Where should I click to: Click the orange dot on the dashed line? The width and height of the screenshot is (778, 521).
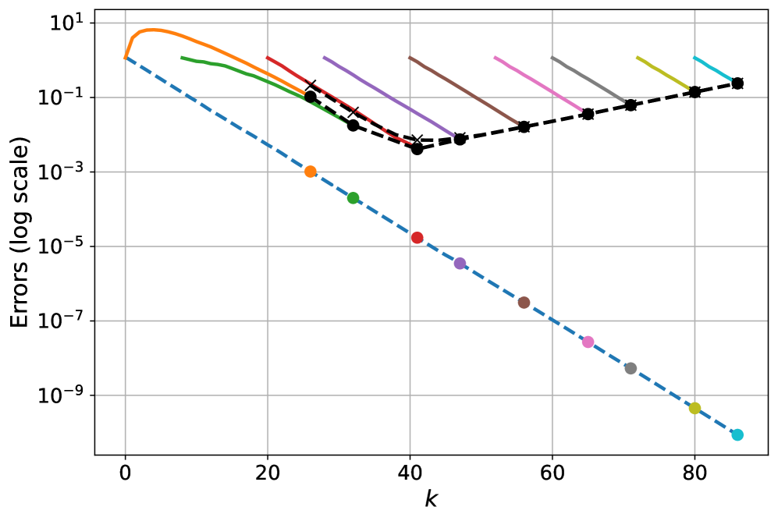pos(311,172)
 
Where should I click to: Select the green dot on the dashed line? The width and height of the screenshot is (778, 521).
pos(353,198)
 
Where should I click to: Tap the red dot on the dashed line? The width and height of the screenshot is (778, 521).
pos(417,238)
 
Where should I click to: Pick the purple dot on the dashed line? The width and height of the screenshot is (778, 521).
pos(460,264)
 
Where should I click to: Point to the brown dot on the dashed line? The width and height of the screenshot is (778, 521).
pos(524,303)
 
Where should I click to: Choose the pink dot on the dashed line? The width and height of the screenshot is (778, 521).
pos(588,342)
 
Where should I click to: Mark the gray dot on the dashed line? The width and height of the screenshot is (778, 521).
pos(631,368)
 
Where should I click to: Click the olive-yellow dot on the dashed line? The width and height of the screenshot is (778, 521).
pos(695,408)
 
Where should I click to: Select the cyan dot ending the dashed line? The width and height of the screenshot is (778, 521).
pos(737,434)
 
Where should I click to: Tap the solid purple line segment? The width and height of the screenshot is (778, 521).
pos(389,96)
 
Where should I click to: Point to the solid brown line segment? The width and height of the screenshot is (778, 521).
pos(464,90)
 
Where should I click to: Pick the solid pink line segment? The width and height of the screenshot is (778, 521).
pos(538,83)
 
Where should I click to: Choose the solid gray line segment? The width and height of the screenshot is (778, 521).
pos(588,79)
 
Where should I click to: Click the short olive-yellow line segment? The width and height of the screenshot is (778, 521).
pos(663,72)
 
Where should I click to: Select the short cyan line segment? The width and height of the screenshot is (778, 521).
pos(712,68)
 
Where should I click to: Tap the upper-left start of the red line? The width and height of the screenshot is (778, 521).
pos(268,57)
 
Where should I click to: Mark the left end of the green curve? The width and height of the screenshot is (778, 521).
pos(182,57)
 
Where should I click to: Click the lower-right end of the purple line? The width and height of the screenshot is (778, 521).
pos(453,136)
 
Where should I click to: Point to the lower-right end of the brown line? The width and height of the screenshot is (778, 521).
pos(517,123)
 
